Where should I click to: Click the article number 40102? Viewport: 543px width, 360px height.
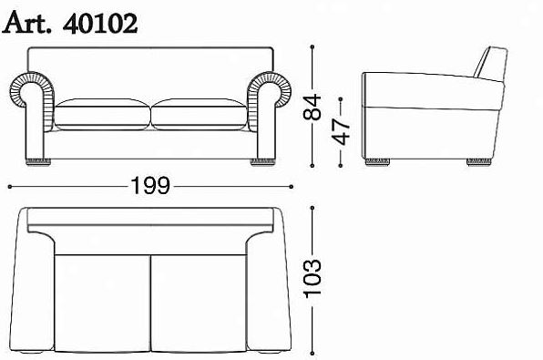point(100,24)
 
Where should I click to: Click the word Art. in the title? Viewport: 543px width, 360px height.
point(26,23)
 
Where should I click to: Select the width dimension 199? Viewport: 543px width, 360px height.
point(150,186)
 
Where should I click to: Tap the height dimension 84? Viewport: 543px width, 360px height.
point(312,107)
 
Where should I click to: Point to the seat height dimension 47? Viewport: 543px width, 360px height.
point(341,131)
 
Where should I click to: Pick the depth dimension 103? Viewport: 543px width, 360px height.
point(312,278)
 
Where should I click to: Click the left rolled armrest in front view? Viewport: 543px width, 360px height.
point(31,104)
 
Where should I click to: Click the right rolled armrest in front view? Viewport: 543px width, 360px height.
point(270,104)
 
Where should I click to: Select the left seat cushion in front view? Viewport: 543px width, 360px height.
point(103,114)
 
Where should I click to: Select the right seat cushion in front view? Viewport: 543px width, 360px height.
point(200,114)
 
